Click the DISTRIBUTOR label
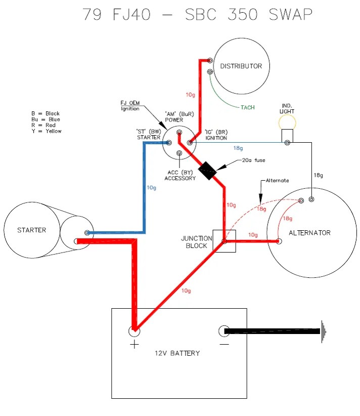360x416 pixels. (x=241, y=66)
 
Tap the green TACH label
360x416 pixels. (x=247, y=107)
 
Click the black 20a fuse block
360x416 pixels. (x=207, y=171)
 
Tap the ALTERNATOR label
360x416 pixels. (x=309, y=233)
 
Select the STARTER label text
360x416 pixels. (x=31, y=230)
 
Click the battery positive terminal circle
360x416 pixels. (x=134, y=331)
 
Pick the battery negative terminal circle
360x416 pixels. (x=224, y=331)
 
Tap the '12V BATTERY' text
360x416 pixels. (x=177, y=353)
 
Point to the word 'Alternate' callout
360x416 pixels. (x=277, y=180)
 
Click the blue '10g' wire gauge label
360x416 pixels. (x=152, y=188)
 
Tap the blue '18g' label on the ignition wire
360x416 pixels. (x=238, y=148)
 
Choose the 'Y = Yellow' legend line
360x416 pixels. (x=46, y=131)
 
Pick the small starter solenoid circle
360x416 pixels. (x=74, y=233)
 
